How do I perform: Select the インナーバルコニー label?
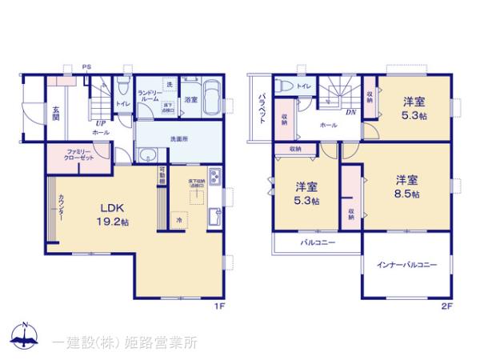(x=407, y=266)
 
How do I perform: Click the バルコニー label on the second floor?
(x=318, y=242)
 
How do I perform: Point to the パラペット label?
(x=261, y=108)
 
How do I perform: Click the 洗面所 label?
(x=178, y=137)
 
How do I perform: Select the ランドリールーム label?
(x=150, y=98)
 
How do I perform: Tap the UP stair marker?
(x=102, y=122)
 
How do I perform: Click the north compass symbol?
(x=24, y=336)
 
